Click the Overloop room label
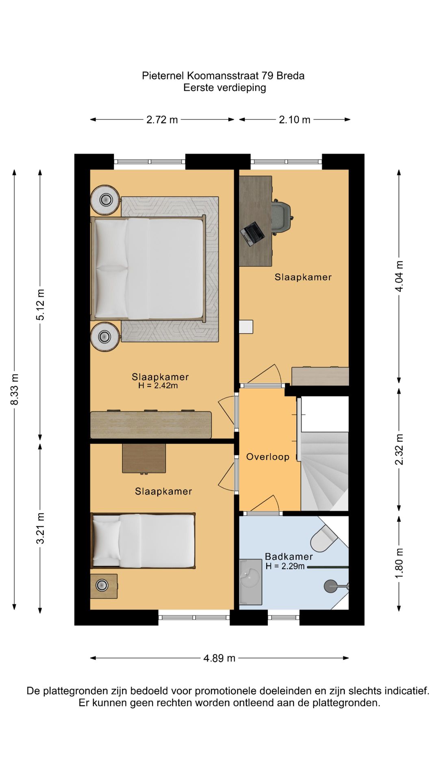click(268, 457)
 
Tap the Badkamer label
click(289, 557)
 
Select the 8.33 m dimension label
click(15, 389)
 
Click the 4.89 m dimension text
click(219, 658)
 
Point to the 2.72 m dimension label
click(162, 120)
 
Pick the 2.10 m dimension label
click(295, 120)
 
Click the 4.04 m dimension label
click(399, 276)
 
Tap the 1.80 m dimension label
click(399, 563)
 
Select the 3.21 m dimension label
click(40, 528)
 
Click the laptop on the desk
click(252, 234)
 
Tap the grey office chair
click(282, 217)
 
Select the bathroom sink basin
click(250, 576)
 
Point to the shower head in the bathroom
click(331, 586)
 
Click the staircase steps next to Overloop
click(324, 471)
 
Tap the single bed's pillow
click(107, 540)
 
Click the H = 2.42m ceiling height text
click(158, 386)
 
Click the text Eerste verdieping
click(225, 88)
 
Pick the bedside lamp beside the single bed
click(102, 585)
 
